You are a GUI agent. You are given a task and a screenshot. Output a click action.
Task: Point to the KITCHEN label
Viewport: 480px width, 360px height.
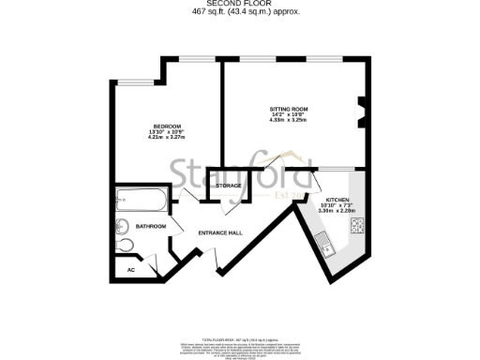pos(337,201)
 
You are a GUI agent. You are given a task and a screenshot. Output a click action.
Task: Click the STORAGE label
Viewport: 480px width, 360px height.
pos(229,186)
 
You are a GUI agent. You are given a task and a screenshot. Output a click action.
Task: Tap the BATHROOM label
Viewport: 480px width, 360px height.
pos(151,226)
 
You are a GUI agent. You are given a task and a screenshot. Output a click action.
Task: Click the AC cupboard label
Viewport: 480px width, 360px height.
pos(130,270)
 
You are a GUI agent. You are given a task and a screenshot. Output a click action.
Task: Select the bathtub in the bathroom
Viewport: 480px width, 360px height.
pos(141,201)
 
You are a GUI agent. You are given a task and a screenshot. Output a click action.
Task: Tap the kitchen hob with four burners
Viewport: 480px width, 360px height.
pos(357,225)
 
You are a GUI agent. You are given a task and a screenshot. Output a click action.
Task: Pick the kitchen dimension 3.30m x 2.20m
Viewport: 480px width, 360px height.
pos(337,212)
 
